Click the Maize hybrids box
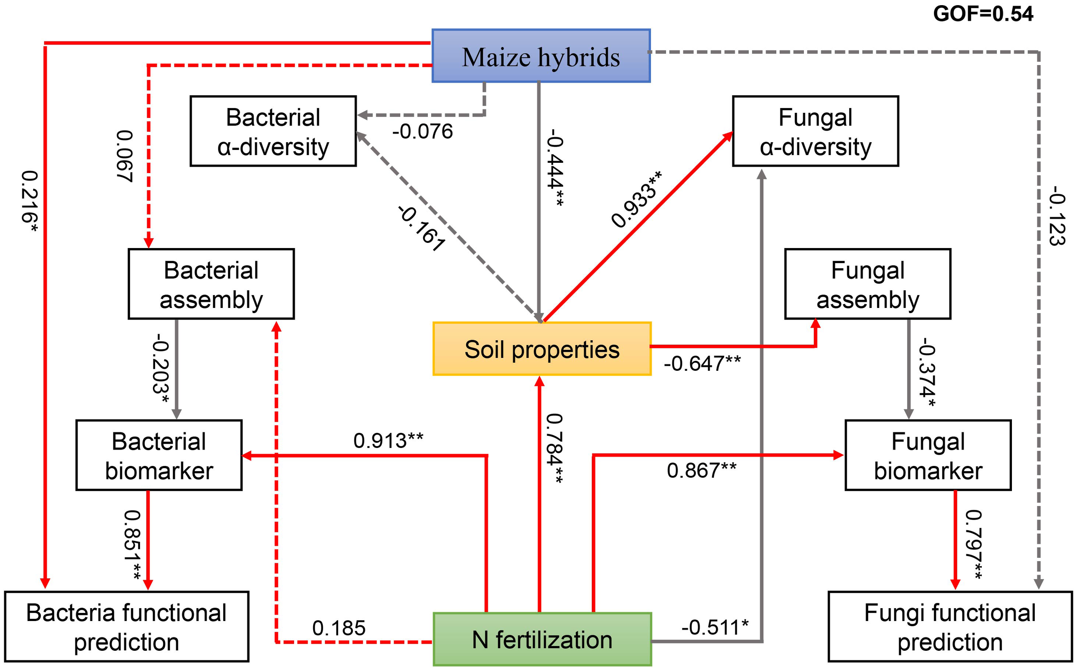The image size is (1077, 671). (x=541, y=56)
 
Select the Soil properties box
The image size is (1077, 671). (x=542, y=349)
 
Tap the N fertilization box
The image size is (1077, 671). (x=542, y=639)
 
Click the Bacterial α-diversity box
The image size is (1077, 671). (x=273, y=131)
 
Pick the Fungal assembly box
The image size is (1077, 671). (x=868, y=284)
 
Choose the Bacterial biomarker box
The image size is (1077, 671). (x=159, y=455)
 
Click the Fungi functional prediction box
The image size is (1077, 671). (x=949, y=627)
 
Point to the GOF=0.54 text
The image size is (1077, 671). (x=983, y=14)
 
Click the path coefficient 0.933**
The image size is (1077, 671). (x=636, y=199)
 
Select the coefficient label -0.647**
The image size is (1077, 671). (x=702, y=363)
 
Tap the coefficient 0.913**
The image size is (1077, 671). (x=388, y=441)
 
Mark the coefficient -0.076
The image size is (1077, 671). (x=422, y=131)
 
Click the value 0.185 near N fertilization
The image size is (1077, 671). (x=339, y=628)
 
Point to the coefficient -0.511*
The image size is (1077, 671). (x=715, y=627)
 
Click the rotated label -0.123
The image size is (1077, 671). (x=1057, y=216)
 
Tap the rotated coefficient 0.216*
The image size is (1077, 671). (x=30, y=202)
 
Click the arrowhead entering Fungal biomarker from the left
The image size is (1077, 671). (x=838, y=455)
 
